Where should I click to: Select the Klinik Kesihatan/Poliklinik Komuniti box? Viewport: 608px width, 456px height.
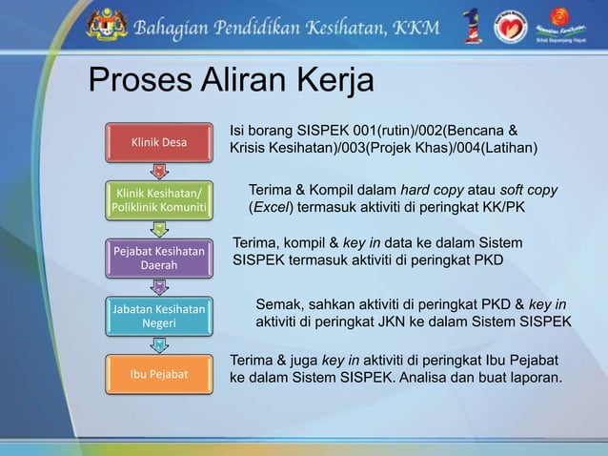[x=159, y=199]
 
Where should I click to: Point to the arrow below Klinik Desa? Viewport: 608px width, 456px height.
[x=159, y=171]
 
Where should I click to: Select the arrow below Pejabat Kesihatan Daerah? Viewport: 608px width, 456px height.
[x=159, y=285]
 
